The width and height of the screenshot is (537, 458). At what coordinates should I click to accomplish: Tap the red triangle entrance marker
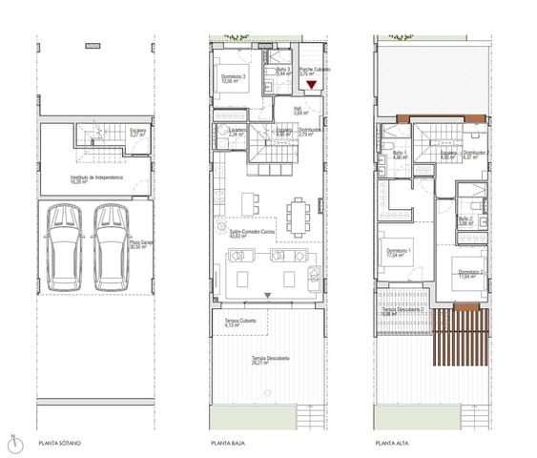point(311,86)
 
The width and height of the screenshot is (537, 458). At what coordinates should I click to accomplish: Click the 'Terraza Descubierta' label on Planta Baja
point(270,360)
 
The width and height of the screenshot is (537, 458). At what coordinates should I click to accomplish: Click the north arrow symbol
point(11,442)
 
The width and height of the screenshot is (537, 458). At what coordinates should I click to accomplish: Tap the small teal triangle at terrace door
point(268,294)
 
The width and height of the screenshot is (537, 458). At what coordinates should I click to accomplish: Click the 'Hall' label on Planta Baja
point(297,110)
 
